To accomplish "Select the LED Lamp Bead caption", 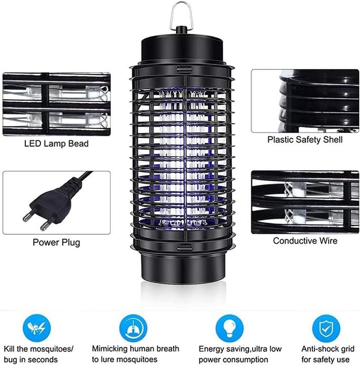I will [56, 143].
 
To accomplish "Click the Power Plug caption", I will [56, 242].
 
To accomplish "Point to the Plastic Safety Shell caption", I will [305, 139].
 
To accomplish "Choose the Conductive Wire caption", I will [305, 241].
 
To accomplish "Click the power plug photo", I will [56, 202].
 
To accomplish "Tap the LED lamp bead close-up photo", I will [56, 104].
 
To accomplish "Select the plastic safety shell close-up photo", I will [305, 101].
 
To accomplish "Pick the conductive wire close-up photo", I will [305, 202].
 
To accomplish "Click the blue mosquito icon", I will [37, 328].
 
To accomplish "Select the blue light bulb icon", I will [229, 328].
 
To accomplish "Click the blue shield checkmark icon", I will [325, 328].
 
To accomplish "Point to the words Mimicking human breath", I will [135, 349].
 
